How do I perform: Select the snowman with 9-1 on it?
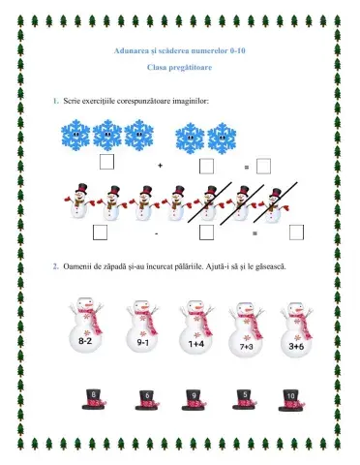(142, 326)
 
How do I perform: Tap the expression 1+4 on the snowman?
(196, 344)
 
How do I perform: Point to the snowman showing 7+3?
(247, 330)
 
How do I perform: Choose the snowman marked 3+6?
(296, 330)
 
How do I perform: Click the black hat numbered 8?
(94, 399)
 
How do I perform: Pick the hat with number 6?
(147, 400)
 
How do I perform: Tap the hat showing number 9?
(194, 400)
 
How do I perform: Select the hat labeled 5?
(245, 399)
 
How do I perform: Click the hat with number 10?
(291, 400)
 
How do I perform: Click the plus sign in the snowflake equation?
(161, 166)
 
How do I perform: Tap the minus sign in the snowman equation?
(157, 233)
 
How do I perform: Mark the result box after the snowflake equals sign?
(263, 167)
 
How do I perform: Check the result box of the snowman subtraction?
(296, 232)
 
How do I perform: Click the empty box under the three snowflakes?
(106, 162)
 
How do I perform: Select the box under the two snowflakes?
(206, 167)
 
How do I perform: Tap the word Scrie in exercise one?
(72, 101)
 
